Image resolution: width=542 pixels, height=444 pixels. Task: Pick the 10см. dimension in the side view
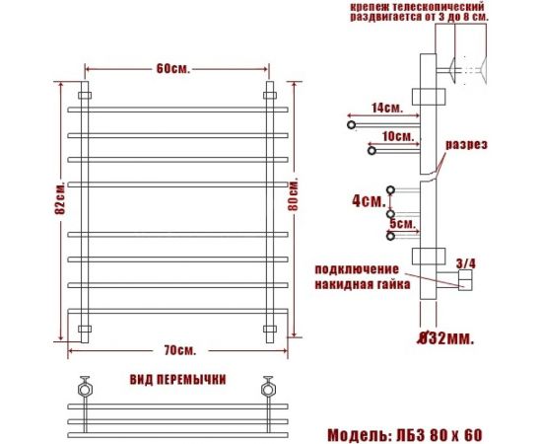(x=397, y=136)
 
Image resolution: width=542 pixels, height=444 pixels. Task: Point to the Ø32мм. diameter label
(x=443, y=338)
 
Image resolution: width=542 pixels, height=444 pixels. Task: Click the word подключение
(x=358, y=269)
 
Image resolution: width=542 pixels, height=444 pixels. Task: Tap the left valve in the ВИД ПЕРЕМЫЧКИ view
(x=87, y=386)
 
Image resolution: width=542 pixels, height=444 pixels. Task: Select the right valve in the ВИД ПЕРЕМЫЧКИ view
(x=266, y=386)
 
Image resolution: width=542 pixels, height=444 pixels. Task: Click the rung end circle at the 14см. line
(x=350, y=125)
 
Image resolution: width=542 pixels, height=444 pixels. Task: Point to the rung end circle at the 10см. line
(x=372, y=150)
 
